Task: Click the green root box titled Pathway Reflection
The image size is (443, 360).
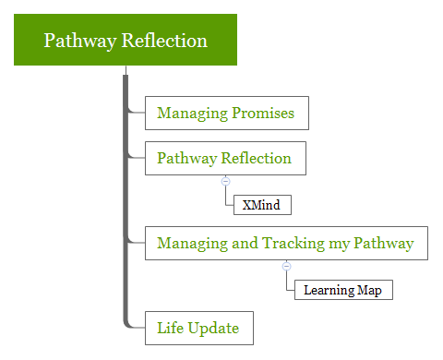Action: coord(126,41)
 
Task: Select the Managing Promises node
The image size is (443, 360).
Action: coord(226,113)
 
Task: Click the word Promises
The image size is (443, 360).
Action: coord(264,113)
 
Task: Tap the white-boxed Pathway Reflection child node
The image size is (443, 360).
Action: coord(225,158)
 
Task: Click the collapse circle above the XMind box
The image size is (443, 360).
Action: coord(225,181)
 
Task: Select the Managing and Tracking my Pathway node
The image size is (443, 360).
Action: coord(286,243)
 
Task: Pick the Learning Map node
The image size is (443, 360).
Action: coord(342,290)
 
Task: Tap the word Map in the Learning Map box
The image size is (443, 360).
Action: coord(370,290)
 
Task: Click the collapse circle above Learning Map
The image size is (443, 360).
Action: coord(286,266)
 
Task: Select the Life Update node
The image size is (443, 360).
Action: coord(198,328)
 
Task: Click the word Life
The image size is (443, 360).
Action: coord(169,328)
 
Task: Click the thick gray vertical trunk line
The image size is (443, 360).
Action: coord(126,203)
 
